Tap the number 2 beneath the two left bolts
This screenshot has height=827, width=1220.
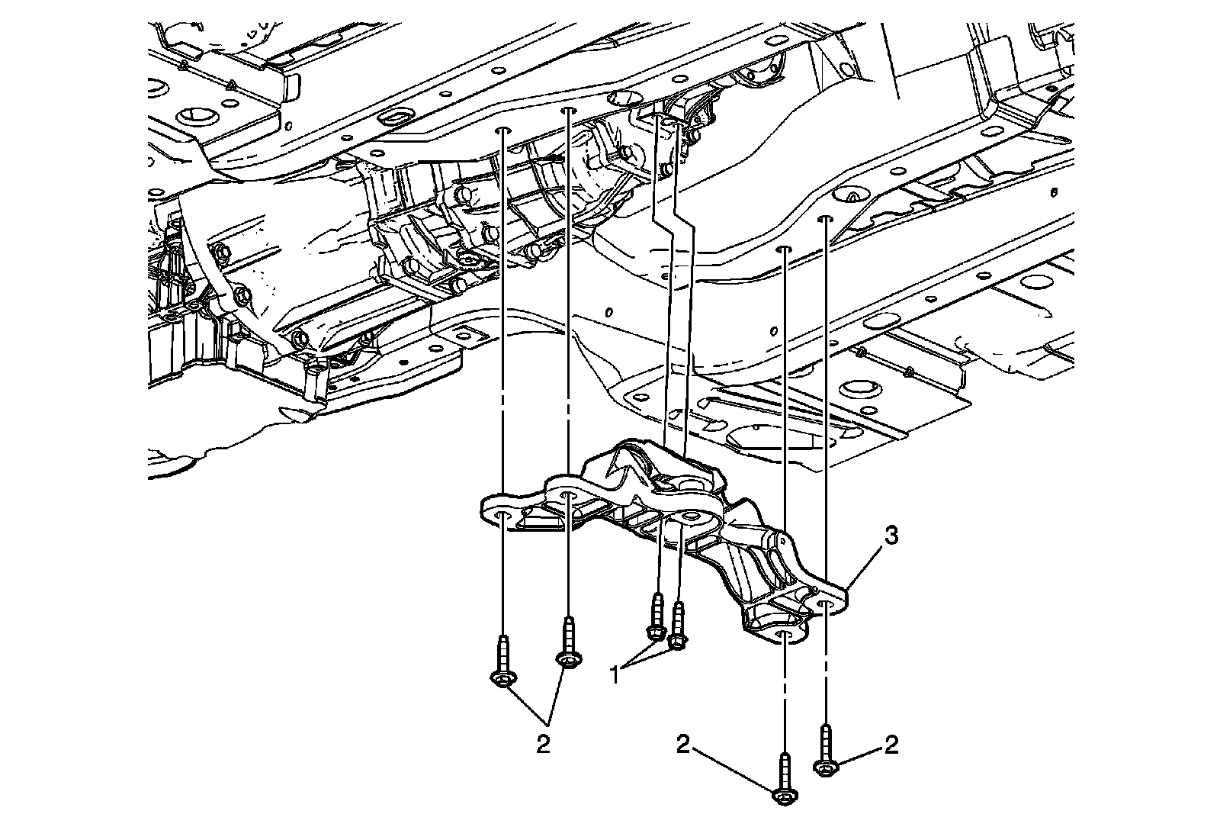[x=542, y=744]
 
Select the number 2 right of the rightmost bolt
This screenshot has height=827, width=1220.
[x=890, y=745]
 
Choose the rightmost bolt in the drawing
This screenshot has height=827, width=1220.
[x=826, y=751]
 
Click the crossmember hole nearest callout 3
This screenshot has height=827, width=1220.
[x=826, y=605]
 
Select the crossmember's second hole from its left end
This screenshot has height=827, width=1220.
[x=569, y=498]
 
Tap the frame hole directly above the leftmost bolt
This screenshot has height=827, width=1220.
[x=502, y=131]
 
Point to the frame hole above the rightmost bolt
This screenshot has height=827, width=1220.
[x=825, y=220]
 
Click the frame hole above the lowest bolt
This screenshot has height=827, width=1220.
[x=785, y=249]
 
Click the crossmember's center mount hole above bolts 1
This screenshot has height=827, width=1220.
[x=691, y=518]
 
